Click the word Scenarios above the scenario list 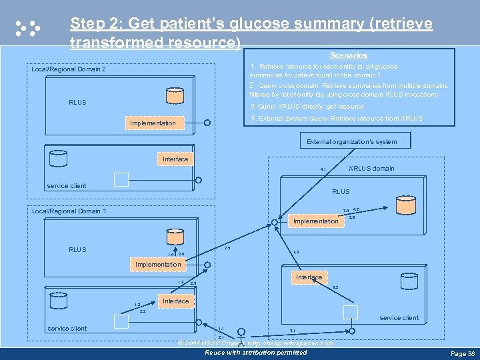(x=348, y=55)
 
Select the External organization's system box (x=351, y=141)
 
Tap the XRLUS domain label (x=371, y=169)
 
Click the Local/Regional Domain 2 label (x=69, y=69)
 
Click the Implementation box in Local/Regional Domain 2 (x=153, y=123)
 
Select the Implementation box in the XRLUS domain (x=316, y=221)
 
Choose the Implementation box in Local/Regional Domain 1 (x=158, y=265)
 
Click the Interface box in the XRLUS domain (x=309, y=277)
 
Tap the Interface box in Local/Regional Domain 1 (x=175, y=301)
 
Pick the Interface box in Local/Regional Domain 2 (x=175, y=159)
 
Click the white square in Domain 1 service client (x=121, y=321)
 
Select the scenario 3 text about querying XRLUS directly (x=306, y=107)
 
